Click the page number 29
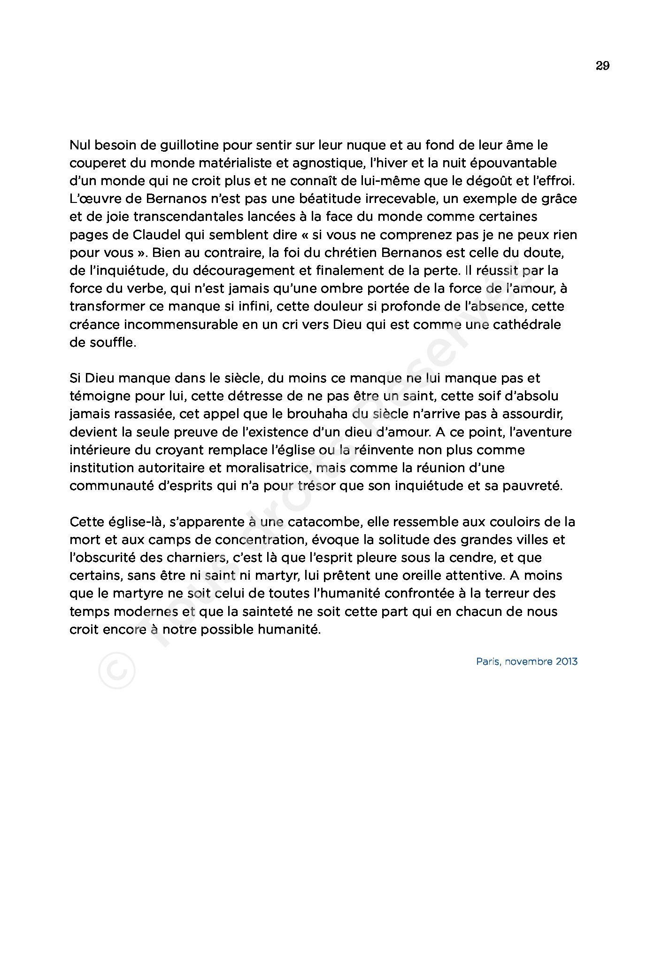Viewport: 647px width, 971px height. point(602,66)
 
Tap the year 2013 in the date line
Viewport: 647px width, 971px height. point(567,662)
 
